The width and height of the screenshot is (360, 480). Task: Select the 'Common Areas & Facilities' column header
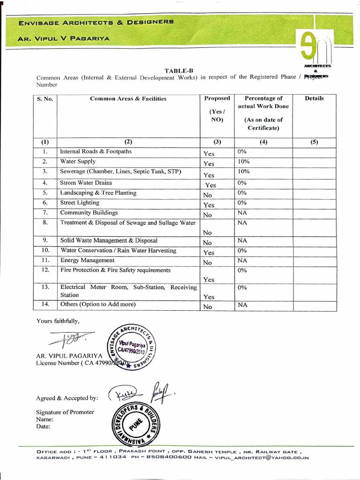tap(128, 99)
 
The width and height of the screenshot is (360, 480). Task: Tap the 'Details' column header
tap(314, 98)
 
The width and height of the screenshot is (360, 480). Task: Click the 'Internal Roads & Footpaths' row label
tap(96, 152)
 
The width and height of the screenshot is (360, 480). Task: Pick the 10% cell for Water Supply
tap(243, 162)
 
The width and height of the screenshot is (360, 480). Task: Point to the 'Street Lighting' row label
tap(80, 203)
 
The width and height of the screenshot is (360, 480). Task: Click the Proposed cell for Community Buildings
tap(208, 215)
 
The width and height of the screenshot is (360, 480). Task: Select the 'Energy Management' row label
tap(87, 260)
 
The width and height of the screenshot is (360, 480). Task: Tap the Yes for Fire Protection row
tap(209, 280)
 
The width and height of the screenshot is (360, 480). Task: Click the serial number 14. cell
tap(45, 304)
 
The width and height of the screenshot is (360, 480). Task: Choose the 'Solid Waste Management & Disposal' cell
tap(109, 240)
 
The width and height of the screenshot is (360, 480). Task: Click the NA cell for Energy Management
tap(242, 261)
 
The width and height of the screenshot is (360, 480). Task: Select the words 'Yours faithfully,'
tap(58, 321)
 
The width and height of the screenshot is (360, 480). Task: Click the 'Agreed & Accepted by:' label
tap(67, 398)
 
